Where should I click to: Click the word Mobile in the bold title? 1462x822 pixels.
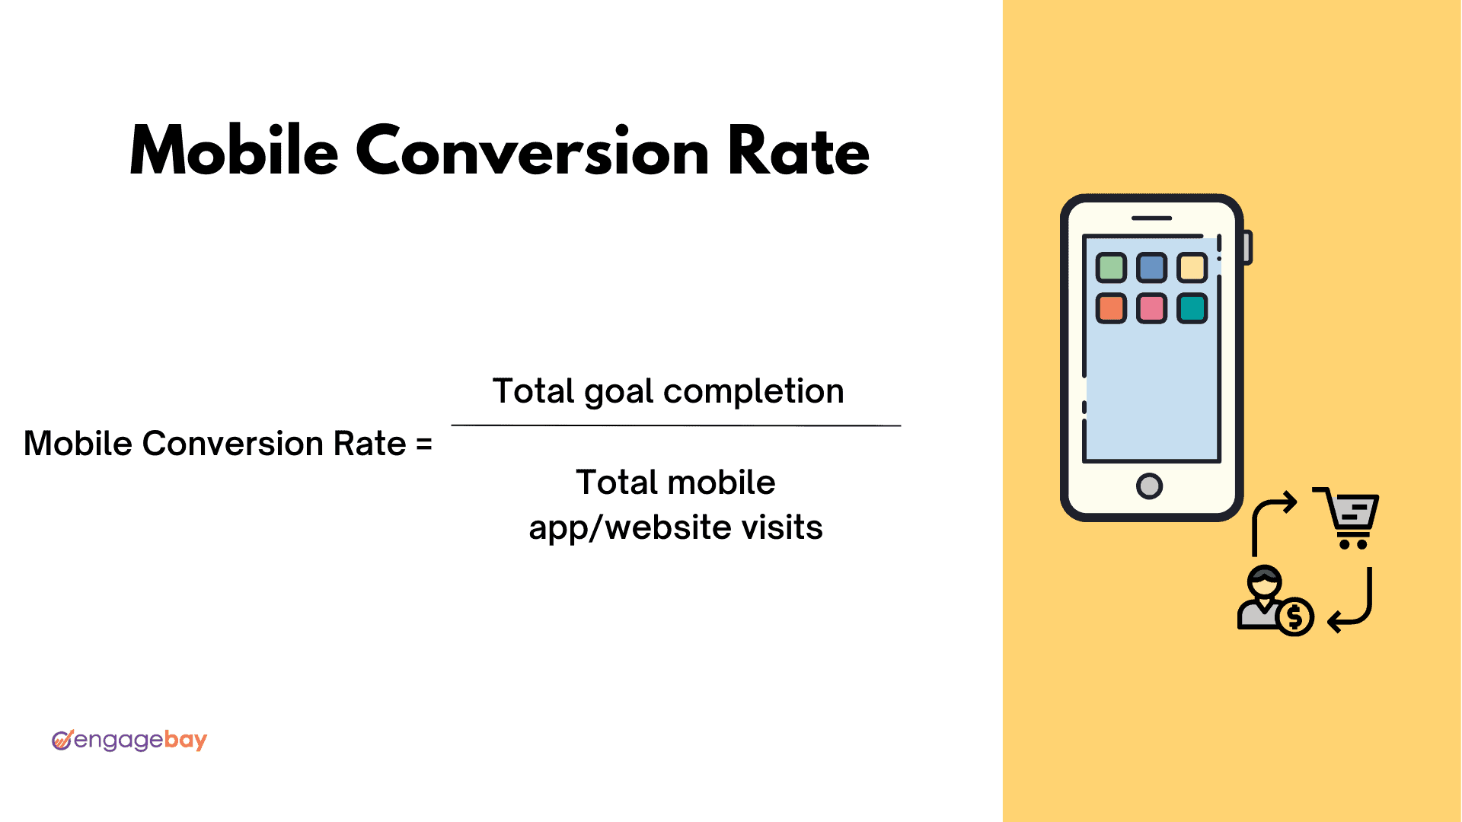(x=234, y=151)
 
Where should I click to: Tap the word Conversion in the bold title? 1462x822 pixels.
(x=532, y=151)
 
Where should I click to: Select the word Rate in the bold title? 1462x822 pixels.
(x=798, y=151)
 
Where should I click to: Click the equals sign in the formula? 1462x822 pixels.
(x=424, y=444)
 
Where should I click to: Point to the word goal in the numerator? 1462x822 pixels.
(x=619, y=393)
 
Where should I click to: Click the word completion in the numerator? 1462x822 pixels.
(x=753, y=393)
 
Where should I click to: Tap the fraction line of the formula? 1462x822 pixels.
(x=676, y=425)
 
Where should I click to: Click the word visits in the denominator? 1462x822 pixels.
(x=780, y=527)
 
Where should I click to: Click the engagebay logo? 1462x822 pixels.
(x=129, y=740)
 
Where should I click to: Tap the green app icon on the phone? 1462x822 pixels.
(x=1111, y=267)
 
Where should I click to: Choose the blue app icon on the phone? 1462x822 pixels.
(x=1151, y=267)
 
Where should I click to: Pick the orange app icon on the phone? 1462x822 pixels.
(x=1111, y=308)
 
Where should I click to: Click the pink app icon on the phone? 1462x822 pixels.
(x=1151, y=308)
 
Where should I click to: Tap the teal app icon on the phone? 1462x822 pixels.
(x=1192, y=308)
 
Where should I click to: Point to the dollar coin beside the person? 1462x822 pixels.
(x=1295, y=616)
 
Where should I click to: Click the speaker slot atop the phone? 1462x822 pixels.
(x=1151, y=218)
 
